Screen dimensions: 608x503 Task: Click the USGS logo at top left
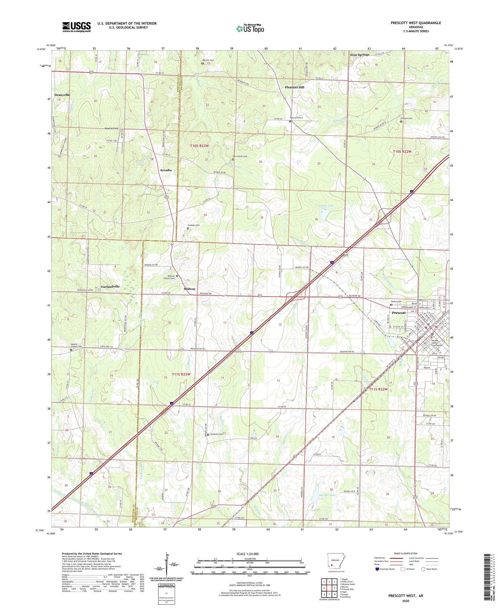pos(76,27)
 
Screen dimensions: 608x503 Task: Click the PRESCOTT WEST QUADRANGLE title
pos(415,23)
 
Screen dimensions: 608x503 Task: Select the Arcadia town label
pos(166,170)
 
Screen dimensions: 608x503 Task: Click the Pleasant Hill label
pos(294,87)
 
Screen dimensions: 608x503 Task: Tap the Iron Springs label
pos(359,55)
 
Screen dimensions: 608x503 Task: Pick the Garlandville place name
pos(110,287)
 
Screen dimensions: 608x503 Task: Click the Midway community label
pos(189,289)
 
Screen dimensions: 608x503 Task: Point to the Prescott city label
pos(399,313)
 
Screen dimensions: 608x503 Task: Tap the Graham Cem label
pos(193,225)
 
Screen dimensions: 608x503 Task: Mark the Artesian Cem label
pos(216,434)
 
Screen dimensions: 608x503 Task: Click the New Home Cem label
pos(240,156)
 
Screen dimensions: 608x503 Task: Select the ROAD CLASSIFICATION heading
pos(406,553)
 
